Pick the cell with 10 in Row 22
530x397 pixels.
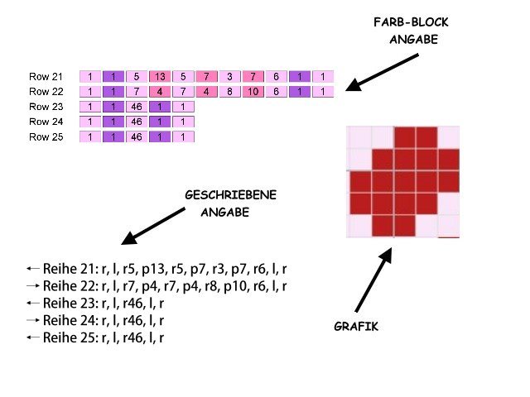pyautogui.click(x=253, y=92)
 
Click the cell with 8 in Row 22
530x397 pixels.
pyautogui.click(x=229, y=92)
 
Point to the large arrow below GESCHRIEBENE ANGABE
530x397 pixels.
pyautogui.click(x=154, y=225)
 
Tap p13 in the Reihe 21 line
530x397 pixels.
pyautogui.click(x=157, y=270)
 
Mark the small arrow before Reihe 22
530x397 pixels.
pyautogui.click(x=33, y=286)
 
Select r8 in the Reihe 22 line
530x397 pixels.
pyautogui.click(x=214, y=286)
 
